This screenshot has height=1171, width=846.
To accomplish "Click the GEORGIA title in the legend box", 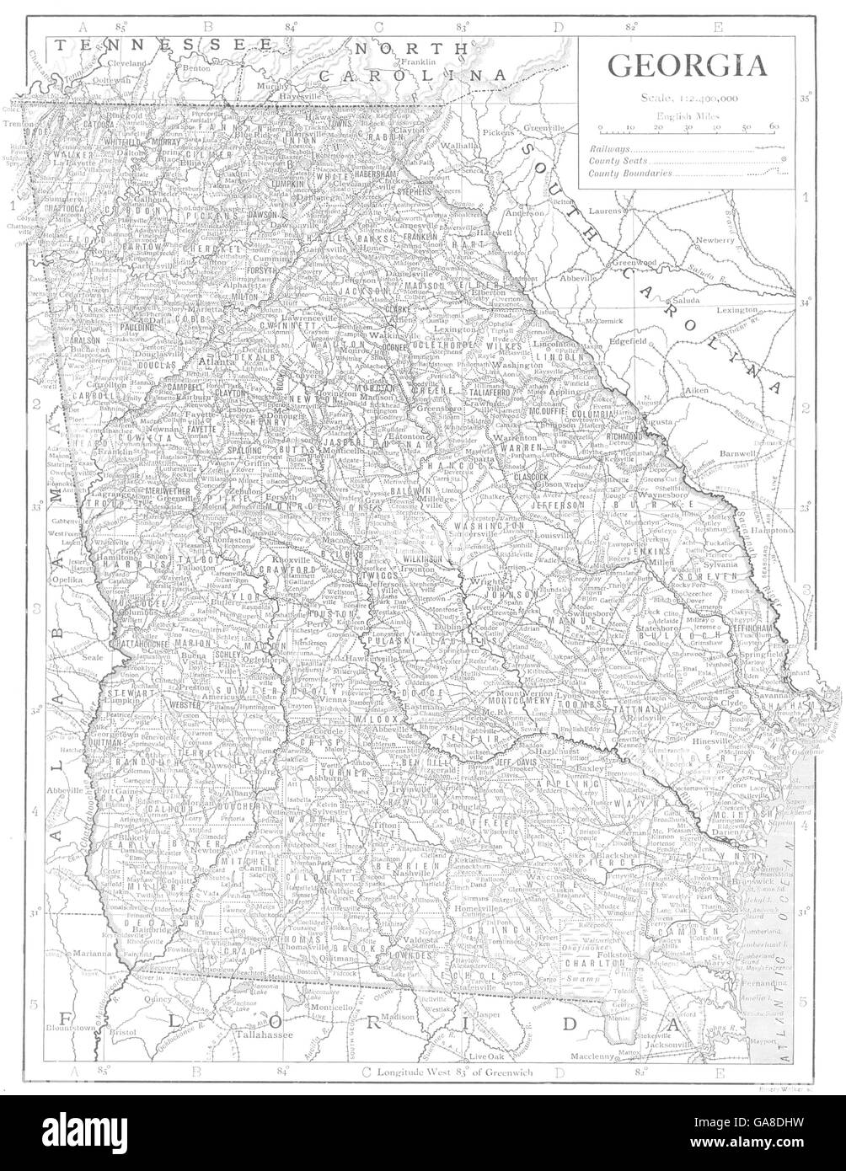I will point(687,66).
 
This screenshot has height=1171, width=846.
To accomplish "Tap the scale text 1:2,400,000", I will point(687,99).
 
